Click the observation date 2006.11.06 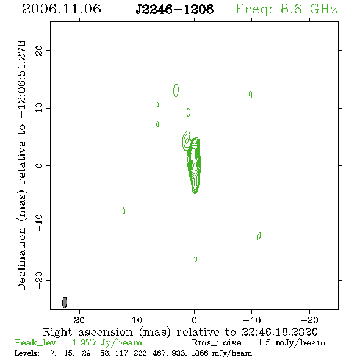pyautogui.click(x=62, y=9)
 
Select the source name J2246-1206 pyautogui.click(x=175, y=10)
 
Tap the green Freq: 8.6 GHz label pyautogui.click(x=286, y=10)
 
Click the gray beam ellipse pyautogui.click(x=65, y=302)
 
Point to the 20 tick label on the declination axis pyautogui.click(x=39, y=51)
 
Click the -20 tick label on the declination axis pyautogui.click(x=39, y=281)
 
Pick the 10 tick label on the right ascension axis pyautogui.click(x=137, y=320)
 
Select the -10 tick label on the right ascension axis pyautogui.click(x=252, y=320)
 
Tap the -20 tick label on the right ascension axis pyautogui.click(x=309, y=320)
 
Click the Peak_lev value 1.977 pyautogui.click(x=84, y=342)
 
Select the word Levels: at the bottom pyautogui.click(x=27, y=353)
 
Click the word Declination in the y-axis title pyautogui.click(x=21, y=259)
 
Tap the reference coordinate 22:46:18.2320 pyautogui.click(x=279, y=332)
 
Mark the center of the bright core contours pyautogui.click(x=195, y=165)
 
